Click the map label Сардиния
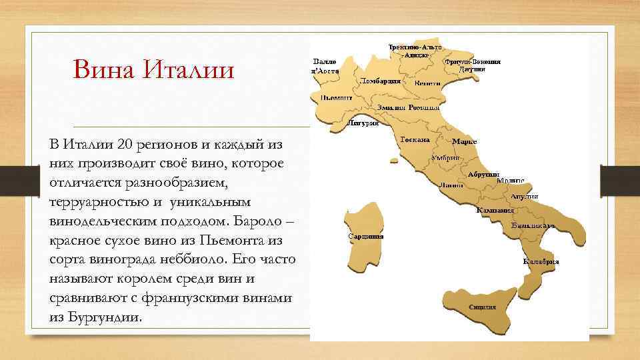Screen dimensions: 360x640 click(365, 236)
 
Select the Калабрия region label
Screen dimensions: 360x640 click(541, 261)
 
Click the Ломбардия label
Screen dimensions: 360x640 click(381, 81)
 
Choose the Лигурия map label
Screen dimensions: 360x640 click(364, 123)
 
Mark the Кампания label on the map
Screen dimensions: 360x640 click(495, 211)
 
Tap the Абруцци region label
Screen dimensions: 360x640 click(483, 174)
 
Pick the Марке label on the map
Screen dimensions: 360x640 click(464, 141)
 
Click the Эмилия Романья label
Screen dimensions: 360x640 click(408, 107)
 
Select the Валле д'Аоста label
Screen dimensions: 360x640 click(326, 66)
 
